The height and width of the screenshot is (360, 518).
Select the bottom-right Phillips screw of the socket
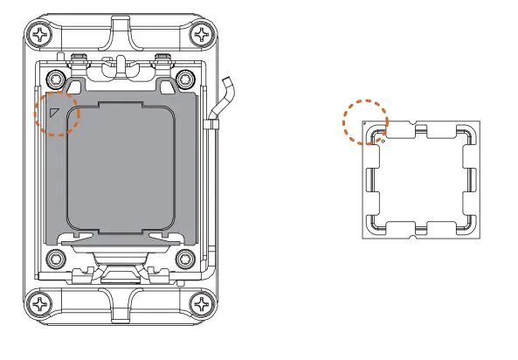204,306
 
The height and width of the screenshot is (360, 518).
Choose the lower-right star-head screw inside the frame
184,259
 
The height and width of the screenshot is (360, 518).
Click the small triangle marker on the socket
54,111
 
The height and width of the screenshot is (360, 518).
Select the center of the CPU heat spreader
422,179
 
